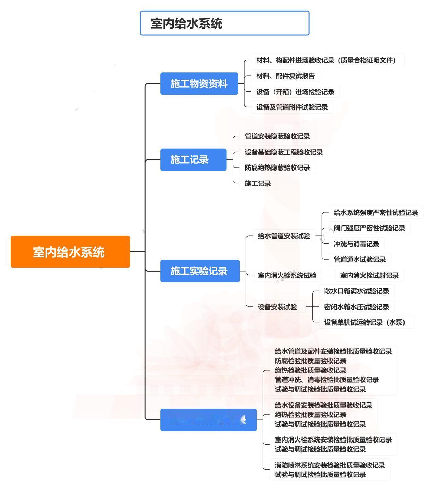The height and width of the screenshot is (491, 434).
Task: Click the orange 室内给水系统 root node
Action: coord(70,252)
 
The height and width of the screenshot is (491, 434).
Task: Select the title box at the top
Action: coord(224,23)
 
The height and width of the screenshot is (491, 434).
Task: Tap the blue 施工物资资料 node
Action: coord(199,83)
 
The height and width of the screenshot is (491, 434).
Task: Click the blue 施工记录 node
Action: coord(193,159)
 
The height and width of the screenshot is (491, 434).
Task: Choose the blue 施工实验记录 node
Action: coord(200,271)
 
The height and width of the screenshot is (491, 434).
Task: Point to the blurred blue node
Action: coord(208,420)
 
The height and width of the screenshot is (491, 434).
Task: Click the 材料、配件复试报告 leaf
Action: coord(285,76)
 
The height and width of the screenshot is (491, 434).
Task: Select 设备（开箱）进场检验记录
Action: coord(295,92)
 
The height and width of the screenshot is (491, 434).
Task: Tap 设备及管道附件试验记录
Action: coord(292,107)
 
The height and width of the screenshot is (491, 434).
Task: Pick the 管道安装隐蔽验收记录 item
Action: coord(277,136)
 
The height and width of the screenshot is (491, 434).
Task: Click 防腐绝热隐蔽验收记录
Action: coord(277,168)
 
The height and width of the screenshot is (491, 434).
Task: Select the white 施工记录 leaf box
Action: coord(258,183)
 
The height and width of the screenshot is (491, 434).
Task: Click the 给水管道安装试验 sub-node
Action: coord(284,236)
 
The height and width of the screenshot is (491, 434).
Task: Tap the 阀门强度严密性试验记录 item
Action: coord(369,228)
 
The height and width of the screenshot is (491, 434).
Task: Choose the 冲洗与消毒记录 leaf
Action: coord(356,244)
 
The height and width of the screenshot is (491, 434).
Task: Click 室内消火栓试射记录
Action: coord(369,275)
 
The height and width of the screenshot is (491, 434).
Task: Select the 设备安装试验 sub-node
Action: coord(277,307)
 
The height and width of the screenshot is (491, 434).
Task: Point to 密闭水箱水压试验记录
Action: coord(357,307)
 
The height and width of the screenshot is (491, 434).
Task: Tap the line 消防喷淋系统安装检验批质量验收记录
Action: coord(330,465)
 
